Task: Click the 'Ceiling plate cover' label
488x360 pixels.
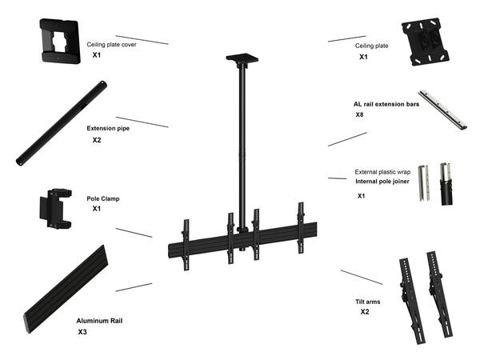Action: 111,45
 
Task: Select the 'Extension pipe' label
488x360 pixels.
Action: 108,127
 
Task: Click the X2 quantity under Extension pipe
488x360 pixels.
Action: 97,140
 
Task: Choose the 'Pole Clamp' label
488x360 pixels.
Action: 102,198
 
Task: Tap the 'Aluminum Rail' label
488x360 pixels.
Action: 99,319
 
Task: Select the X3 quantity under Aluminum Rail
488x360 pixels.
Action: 82,331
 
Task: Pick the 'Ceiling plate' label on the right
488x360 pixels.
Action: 371,46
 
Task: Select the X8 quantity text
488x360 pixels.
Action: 360,115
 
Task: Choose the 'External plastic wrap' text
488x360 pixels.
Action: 382,171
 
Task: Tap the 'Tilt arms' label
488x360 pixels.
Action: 368,302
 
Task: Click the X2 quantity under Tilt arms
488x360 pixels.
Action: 365,312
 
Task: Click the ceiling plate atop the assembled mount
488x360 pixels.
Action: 241,58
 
